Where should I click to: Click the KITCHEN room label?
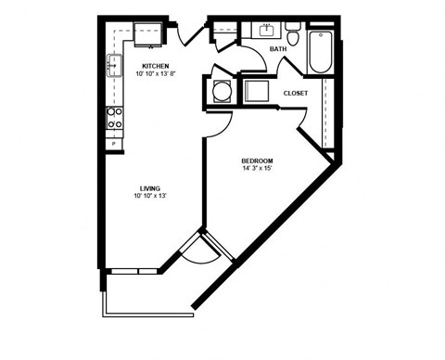pyautogui.click(x=154, y=65)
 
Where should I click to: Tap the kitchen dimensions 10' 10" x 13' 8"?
pyautogui.click(x=154, y=74)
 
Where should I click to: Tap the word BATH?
pyautogui.click(x=278, y=49)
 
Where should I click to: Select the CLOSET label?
pyautogui.click(x=296, y=93)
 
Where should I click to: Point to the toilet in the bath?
pyautogui.click(x=293, y=37)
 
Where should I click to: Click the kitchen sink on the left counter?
pyautogui.click(x=114, y=65)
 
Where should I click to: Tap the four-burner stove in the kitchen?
pyautogui.click(x=116, y=117)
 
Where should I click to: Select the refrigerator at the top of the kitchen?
pyautogui.click(x=147, y=35)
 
